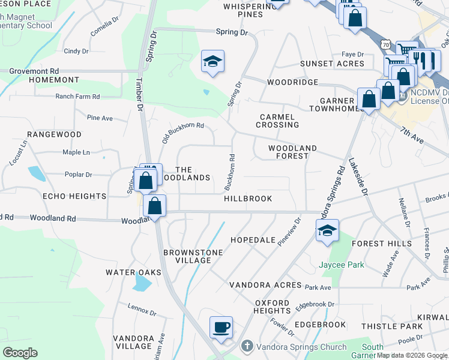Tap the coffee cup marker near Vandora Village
click(221, 328)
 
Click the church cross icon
click(247, 347)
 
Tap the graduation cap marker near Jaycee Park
click(327, 230)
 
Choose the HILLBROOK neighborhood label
click(248, 199)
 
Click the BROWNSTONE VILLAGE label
click(188, 256)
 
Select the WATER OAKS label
click(134, 272)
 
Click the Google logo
click(20, 353)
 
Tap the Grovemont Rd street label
click(34, 71)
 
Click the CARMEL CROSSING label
click(277, 121)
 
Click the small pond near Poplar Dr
click(36, 174)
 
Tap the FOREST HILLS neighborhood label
click(382, 244)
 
